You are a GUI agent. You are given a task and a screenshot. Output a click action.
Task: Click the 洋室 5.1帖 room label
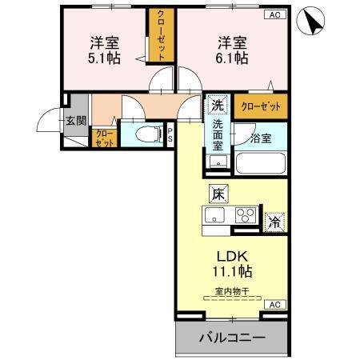click(x=104, y=50)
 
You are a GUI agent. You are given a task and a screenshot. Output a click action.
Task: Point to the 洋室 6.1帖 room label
click(x=229, y=50)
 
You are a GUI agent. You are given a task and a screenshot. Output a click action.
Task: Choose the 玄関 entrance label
click(x=76, y=122)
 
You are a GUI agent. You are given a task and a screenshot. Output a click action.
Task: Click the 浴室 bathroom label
click(x=261, y=138)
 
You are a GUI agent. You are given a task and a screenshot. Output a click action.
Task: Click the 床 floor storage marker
click(x=218, y=192)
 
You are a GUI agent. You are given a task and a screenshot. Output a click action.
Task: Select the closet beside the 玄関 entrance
click(x=104, y=138)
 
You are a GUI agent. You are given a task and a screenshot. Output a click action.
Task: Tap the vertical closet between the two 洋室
click(x=161, y=37)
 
